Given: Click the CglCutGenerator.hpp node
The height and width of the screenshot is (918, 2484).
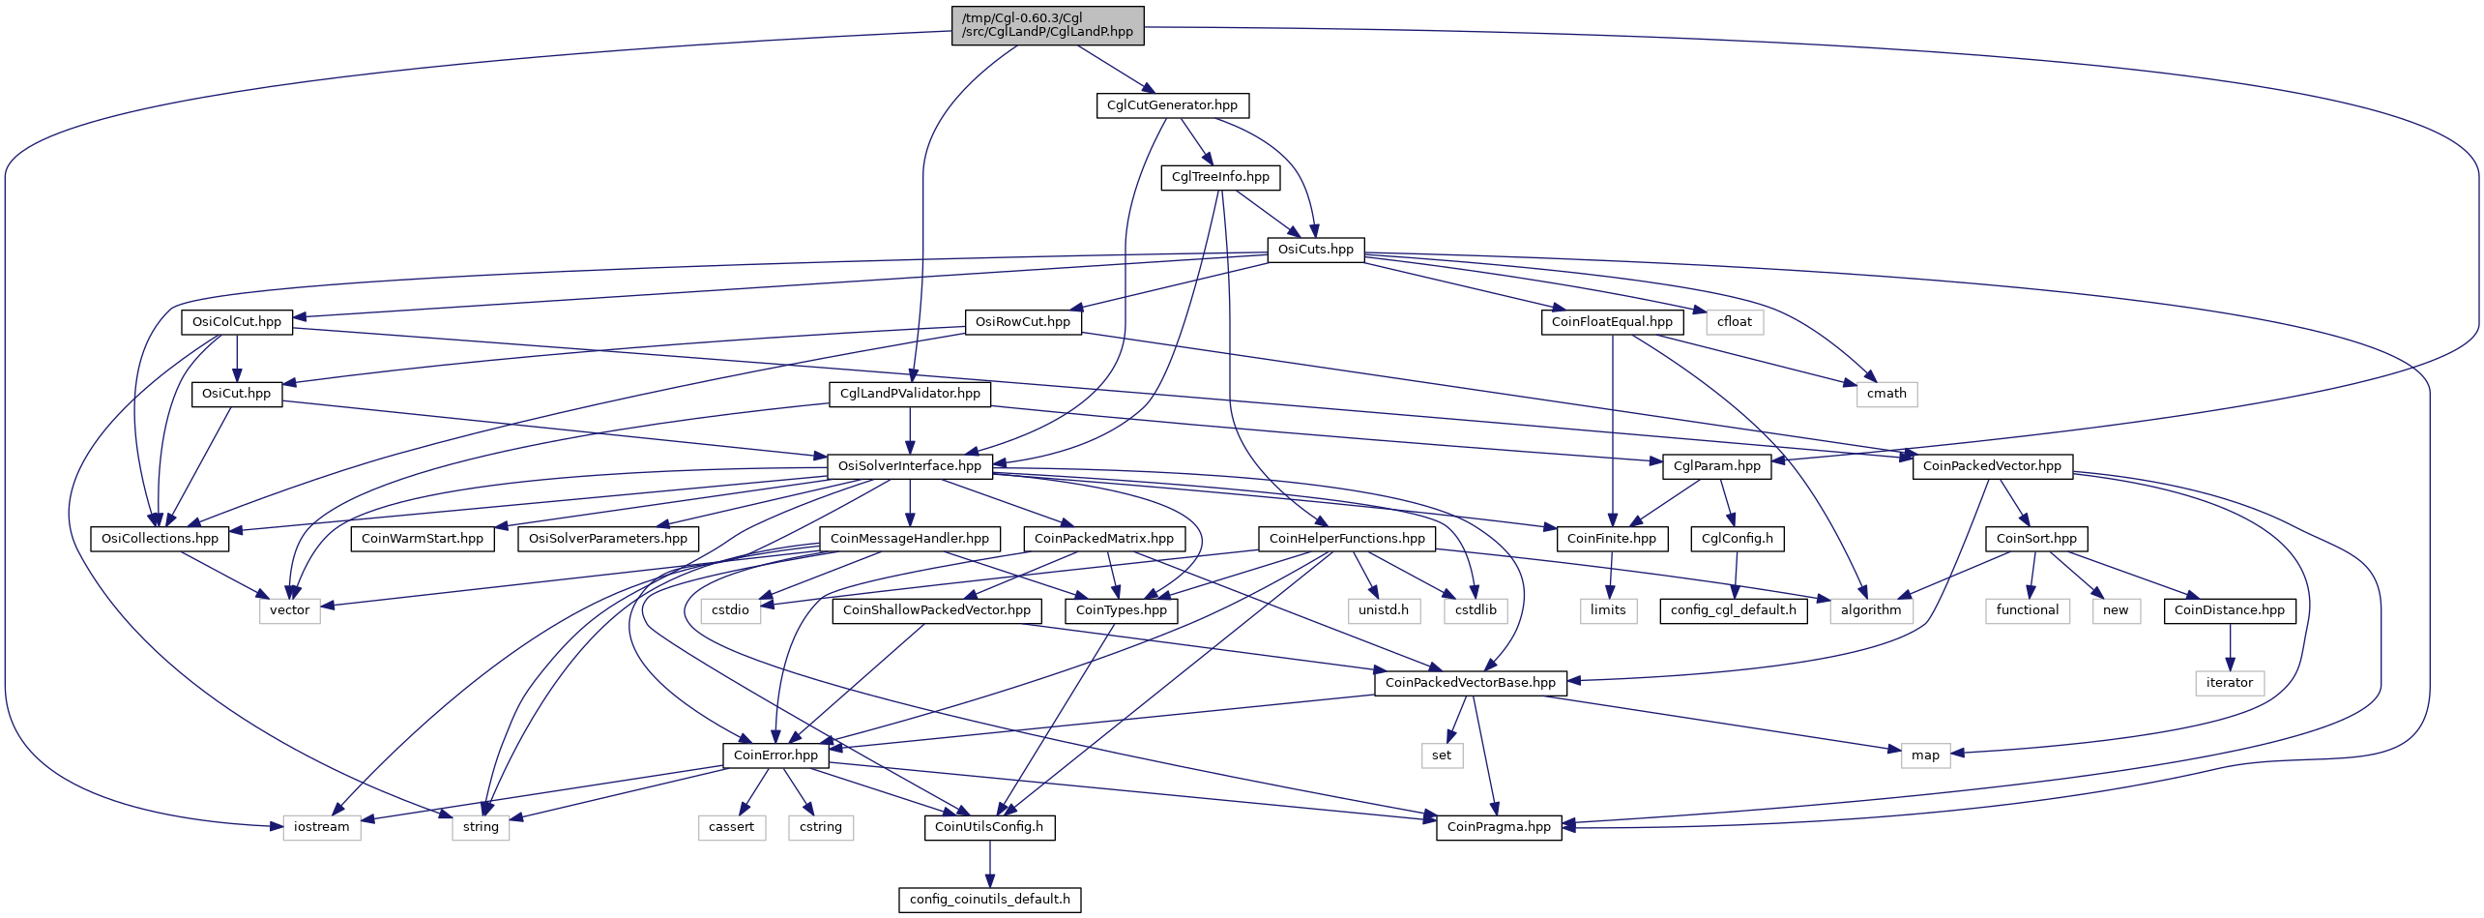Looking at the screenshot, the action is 1172,105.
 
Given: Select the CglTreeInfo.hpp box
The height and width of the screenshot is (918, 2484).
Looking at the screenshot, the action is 1220,177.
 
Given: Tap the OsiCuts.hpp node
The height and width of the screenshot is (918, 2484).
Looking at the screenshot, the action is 1315,250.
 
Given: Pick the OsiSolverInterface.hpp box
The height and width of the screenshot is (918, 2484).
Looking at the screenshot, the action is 909,466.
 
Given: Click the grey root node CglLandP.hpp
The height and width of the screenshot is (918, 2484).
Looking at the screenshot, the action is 1047,25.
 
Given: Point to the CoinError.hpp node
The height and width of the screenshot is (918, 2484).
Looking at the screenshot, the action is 775,755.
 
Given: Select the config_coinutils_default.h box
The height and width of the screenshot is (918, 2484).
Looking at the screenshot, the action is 989,900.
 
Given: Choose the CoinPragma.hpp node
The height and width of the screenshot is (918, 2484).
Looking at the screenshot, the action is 1499,827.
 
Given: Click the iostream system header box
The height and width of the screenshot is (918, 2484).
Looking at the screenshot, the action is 322,827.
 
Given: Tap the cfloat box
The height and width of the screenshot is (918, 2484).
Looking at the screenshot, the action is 1735,322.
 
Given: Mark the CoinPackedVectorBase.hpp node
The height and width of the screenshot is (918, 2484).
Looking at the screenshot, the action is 1471,683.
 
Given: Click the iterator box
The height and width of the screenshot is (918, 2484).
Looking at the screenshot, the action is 2230,683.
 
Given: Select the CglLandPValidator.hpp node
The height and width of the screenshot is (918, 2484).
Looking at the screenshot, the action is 910,394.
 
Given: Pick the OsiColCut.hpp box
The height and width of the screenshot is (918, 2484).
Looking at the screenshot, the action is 237,322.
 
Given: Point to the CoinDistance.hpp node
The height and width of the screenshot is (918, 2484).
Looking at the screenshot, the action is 2230,610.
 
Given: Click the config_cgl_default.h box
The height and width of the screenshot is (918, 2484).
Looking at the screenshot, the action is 1734,610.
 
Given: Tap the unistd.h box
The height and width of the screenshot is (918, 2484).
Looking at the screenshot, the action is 1384,610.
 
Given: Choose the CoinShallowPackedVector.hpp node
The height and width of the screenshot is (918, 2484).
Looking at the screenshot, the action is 937,610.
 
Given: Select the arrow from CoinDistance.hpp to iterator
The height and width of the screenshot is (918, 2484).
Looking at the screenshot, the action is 2230,647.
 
